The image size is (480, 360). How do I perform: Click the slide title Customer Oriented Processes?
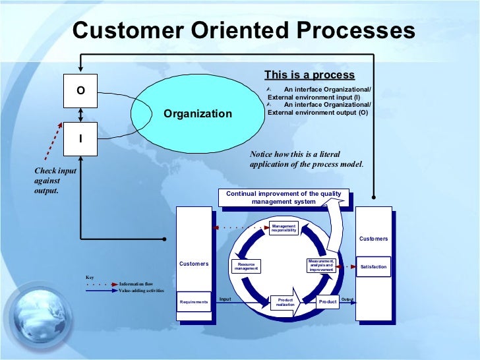(x=243, y=31)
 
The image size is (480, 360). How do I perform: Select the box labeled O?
(x=80, y=91)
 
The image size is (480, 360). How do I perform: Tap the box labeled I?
(x=80, y=139)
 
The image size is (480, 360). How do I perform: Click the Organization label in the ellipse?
(x=198, y=113)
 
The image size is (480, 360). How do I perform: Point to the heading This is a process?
(x=309, y=75)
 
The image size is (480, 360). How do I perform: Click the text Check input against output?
(x=47, y=181)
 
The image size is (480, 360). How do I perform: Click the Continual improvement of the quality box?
(x=284, y=198)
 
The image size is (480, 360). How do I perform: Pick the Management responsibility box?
(x=284, y=228)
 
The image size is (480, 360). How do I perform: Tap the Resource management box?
(x=246, y=266)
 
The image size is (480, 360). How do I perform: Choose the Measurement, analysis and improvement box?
(x=320, y=265)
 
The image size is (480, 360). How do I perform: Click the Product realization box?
(x=285, y=302)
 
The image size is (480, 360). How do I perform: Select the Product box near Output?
(x=327, y=302)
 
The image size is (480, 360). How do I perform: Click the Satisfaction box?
(x=373, y=266)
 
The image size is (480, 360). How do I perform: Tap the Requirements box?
(x=194, y=302)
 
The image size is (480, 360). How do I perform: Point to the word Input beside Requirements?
(x=225, y=299)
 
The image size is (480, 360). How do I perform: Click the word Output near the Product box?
(x=347, y=299)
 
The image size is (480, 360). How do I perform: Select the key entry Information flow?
(x=136, y=284)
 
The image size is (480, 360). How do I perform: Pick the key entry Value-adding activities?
(x=141, y=290)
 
